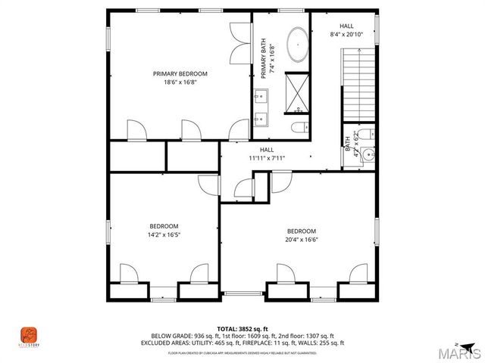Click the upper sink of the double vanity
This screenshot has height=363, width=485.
click(x=262, y=95)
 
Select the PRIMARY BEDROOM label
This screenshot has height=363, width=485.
click(x=180, y=73)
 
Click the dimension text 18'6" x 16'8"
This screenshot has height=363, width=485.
click(x=180, y=82)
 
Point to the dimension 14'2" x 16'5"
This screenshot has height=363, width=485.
click(x=164, y=234)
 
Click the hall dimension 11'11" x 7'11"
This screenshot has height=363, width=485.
click(x=267, y=158)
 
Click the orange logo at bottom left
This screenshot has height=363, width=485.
click(x=27, y=335)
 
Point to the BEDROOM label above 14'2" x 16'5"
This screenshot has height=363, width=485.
click(x=164, y=226)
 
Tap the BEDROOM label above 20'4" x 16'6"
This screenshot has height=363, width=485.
click(x=302, y=231)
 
